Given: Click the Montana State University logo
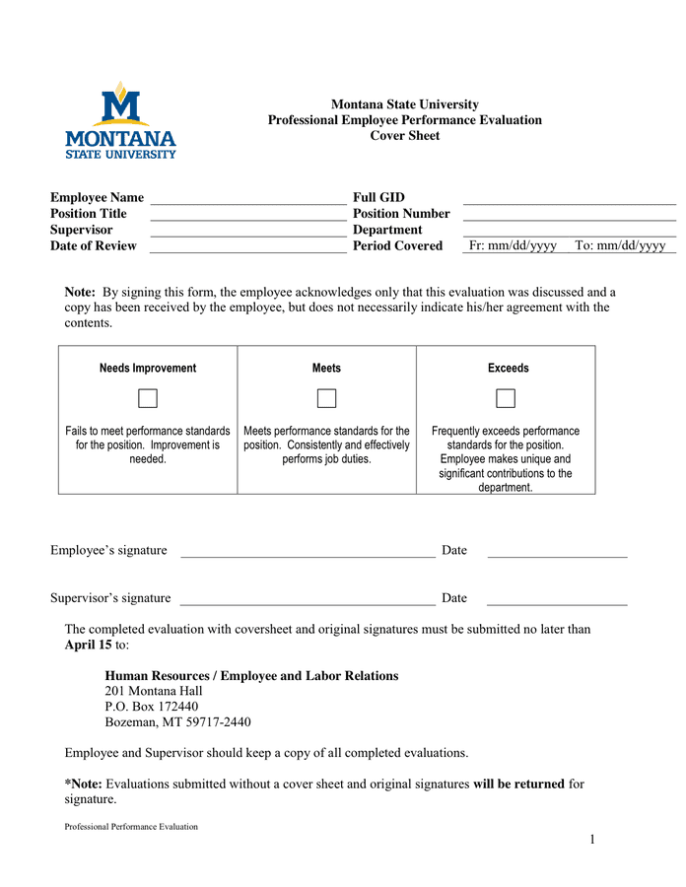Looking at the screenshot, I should coord(120,120).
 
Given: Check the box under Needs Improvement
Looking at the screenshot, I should coord(148,398).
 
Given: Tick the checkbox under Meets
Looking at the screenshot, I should coord(326,398).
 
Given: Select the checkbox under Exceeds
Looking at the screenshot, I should coord(506,398).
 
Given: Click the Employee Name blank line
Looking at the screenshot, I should coord(247,199).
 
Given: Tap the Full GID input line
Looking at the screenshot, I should coord(569,199).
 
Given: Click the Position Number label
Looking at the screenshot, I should coord(401,214).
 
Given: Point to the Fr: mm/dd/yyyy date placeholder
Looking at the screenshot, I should coord(513,246).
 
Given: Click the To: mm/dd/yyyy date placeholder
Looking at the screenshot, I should coord(620,246).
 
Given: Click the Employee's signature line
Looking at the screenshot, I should coord(308,552).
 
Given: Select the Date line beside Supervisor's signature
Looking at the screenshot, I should coord(557,599).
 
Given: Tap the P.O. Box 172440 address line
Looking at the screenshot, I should coord(151,707).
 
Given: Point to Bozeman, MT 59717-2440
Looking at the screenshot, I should coord(177,722).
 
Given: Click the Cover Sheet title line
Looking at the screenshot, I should coord(405,136).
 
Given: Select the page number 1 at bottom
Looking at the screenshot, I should coord(592,840).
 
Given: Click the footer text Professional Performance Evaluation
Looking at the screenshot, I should coord(131,827).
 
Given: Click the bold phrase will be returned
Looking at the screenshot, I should coord(518,785).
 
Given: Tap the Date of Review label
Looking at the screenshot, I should coord(94,246).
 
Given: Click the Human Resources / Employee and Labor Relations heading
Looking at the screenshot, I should coord(251,676).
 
